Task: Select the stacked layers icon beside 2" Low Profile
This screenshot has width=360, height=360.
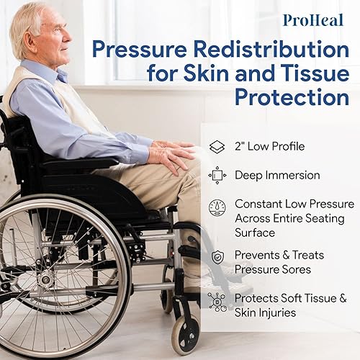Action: pos(217,147)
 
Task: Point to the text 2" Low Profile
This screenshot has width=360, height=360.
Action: pos(269,147)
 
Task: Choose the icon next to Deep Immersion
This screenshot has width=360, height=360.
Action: pos(217,175)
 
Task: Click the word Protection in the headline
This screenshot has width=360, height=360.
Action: pos(289,96)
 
